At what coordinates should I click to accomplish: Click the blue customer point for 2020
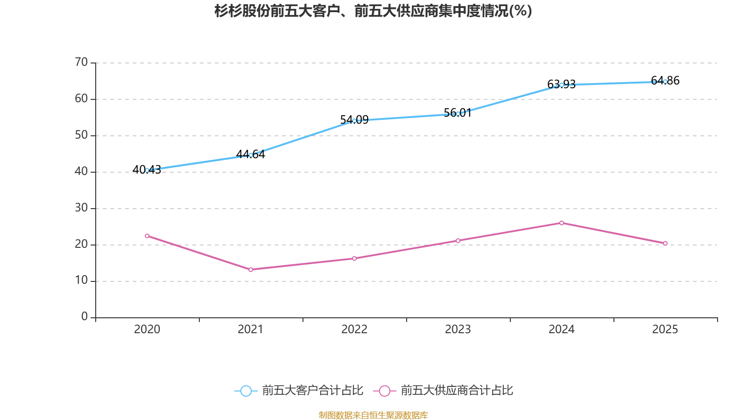tap(147, 170)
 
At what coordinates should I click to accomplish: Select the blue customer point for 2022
tap(354, 120)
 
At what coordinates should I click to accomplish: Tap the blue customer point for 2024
tap(562, 85)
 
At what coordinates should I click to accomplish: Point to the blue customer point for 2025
tap(665, 82)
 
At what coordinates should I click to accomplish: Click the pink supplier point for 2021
tap(251, 269)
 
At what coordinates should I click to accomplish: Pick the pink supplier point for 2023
tap(458, 241)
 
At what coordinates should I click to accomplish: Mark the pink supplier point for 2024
tap(562, 223)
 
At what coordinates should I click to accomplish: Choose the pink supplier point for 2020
tap(147, 236)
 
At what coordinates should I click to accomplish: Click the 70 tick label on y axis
tap(81, 62)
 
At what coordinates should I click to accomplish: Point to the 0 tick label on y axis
tap(85, 317)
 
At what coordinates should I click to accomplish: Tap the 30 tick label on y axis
tap(81, 208)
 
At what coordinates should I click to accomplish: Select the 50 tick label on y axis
tap(81, 135)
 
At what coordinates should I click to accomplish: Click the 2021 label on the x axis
tap(251, 329)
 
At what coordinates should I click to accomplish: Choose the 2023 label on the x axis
tap(458, 329)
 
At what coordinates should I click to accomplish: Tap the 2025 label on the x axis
tap(665, 329)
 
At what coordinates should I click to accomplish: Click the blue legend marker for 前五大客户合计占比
tap(246, 391)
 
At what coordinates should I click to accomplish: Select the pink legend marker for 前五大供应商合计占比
tap(385, 391)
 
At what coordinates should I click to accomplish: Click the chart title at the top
tap(373, 11)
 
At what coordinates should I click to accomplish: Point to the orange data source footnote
tap(373, 415)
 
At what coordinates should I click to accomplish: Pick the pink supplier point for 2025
tap(665, 243)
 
